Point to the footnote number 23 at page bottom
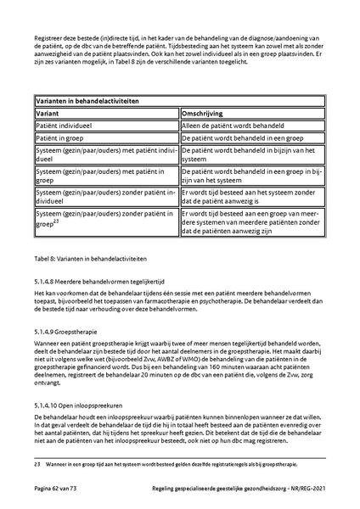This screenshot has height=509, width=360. (38, 466)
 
